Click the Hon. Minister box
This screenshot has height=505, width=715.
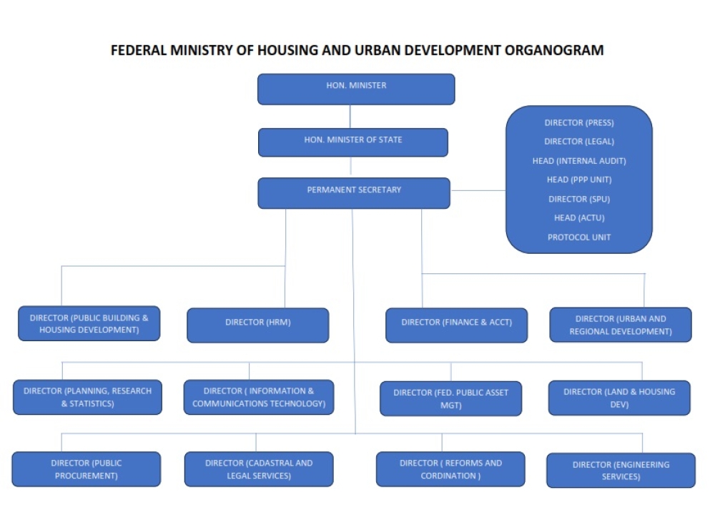tap(356, 89)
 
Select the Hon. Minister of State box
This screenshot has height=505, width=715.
tap(353, 142)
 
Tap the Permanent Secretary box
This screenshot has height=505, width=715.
tap(354, 193)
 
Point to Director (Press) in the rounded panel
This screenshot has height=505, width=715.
tap(579, 123)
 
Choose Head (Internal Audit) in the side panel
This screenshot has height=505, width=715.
tap(579, 160)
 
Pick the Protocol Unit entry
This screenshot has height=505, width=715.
tap(579, 237)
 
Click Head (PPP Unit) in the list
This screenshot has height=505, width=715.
tap(579, 180)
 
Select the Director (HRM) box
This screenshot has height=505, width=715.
tap(257, 325)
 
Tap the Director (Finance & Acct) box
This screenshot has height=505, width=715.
tap(456, 325)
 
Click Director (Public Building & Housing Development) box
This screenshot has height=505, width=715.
tap(89, 323)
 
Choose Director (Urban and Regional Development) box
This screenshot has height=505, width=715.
tap(621, 325)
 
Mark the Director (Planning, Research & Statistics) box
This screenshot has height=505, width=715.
tap(87, 397)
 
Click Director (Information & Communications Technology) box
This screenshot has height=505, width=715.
tap(259, 397)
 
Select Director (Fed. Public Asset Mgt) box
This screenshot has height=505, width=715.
tap(451, 398)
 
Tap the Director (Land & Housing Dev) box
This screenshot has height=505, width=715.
tap(619, 398)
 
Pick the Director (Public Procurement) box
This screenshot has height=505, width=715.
tap(87, 469)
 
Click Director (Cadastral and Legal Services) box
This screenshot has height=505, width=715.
tap(259, 469)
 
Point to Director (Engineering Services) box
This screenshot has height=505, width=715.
tap(621, 471)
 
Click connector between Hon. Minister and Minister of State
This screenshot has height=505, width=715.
tap(350, 117)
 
